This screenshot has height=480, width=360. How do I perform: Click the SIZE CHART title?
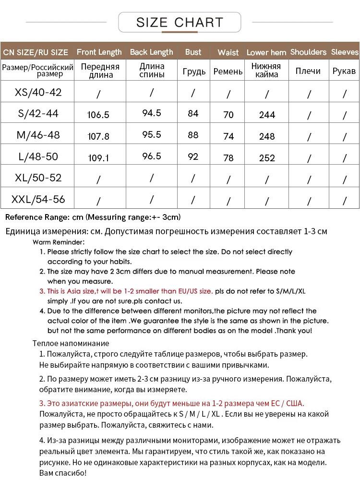pos(180,22)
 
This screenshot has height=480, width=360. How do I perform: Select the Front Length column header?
pos(99,52)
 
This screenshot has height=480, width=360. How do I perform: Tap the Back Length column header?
pos(152,52)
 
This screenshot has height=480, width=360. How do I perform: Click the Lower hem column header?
pos(266,52)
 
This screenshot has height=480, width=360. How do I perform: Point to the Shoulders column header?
pos(308,52)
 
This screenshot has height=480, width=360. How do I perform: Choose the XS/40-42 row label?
pos(38,92)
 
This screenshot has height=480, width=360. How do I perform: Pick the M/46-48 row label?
pos(38,135)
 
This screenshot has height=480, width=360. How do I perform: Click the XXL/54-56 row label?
pos(38,199)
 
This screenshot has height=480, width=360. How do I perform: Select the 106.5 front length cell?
pos(98,115)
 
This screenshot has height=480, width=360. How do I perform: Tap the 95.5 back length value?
pos(152,135)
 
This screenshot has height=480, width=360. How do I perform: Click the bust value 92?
pos(193,156)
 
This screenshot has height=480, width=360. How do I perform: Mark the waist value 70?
pos(228,115)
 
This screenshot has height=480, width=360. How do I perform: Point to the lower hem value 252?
pos(267,158)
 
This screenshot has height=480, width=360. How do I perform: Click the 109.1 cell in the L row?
pos(98,157)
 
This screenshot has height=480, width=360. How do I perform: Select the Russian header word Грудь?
pos(194,72)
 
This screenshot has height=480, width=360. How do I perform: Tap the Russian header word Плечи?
pos(308,71)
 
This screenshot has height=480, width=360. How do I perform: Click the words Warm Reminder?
pos(59,242)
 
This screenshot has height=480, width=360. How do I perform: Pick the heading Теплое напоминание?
pos(71,343)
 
